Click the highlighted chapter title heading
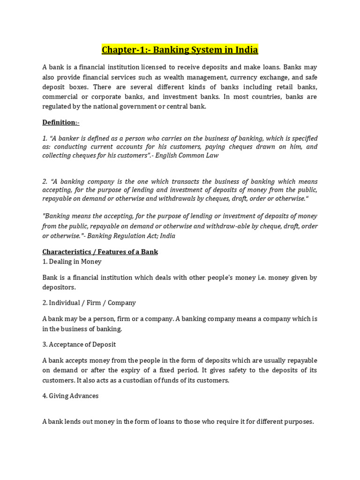[x=180, y=50]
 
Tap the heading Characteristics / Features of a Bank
[x=100, y=252]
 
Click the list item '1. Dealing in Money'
[x=72, y=262]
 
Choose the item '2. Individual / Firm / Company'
[x=89, y=303]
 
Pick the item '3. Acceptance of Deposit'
[x=79, y=344]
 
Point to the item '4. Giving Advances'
[x=70, y=396]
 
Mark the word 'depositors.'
[x=59, y=287]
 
